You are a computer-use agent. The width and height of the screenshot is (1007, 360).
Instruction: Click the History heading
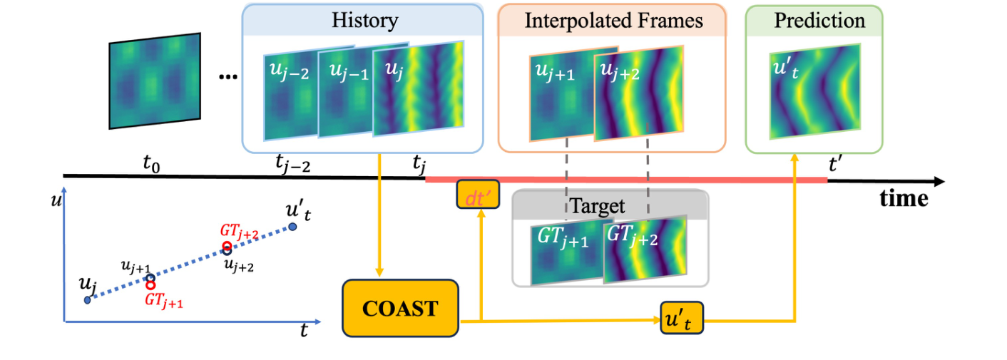coord(364,20)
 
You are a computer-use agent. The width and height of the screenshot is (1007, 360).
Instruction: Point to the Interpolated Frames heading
coord(613,20)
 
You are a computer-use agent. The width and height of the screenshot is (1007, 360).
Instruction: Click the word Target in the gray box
coord(597,207)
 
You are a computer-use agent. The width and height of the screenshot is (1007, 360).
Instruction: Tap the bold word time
coord(904,198)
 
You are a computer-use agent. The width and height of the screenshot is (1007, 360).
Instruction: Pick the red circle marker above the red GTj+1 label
coord(151,284)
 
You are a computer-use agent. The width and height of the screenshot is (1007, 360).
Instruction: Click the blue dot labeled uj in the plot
coord(87,300)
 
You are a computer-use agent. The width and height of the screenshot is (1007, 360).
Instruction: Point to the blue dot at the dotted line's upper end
coord(292,227)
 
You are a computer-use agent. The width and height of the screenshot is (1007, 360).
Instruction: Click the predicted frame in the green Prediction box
coord(814,91)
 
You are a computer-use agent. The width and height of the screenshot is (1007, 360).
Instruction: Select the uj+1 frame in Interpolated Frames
coord(563,93)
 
